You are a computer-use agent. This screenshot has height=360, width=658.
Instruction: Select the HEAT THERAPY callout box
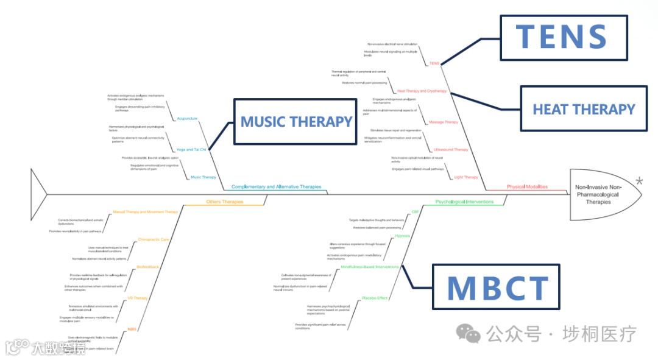coord(584,109)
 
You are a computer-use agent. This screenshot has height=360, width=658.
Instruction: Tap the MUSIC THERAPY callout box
coord(296,121)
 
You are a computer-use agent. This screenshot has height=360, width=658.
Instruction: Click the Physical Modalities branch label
coord(527,187)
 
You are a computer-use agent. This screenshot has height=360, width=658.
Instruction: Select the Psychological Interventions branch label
coord(464,202)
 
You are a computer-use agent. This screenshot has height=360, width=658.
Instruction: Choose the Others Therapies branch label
coord(224,202)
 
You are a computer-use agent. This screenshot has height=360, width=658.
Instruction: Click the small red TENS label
coord(434,63)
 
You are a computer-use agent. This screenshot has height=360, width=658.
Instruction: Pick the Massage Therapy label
coord(444,122)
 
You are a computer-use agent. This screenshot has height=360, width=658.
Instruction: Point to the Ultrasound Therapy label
coord(451,150)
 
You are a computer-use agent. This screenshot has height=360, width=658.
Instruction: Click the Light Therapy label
coord(466,177)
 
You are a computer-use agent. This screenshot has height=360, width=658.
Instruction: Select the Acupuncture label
coord(187,118)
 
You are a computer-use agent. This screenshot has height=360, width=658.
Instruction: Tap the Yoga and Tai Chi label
coord(191,149)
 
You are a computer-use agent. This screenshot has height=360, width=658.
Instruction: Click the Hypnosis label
coord(402,235)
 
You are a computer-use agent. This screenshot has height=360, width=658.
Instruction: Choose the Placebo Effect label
coord(375,298)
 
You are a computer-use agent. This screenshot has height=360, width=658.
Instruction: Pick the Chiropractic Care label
coord(153,239)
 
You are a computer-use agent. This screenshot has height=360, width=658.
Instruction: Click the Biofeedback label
coord(147,267)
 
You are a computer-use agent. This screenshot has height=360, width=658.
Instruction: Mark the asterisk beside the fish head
coord(639,181)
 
